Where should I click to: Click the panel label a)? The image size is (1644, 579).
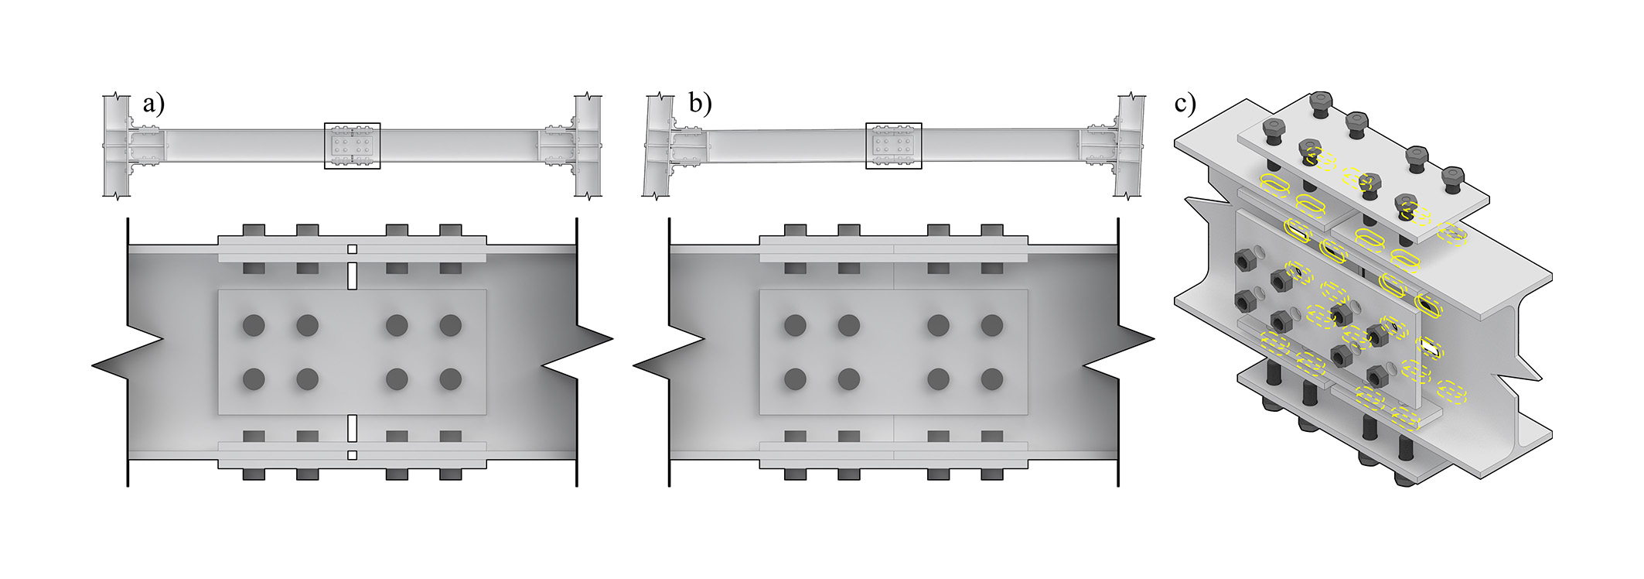tap(154, 104)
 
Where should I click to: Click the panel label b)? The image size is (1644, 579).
tap(699, 104)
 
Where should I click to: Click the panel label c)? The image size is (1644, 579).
tap(1185, 103)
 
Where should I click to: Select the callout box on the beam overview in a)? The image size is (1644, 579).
tap(353, 145)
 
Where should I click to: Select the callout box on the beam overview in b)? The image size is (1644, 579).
tap(893, 145)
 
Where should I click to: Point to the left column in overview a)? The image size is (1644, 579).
tap(116, 146)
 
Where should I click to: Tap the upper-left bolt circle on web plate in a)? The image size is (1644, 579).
tap(254, 325)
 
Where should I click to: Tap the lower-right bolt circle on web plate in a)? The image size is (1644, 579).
tap(451, 379)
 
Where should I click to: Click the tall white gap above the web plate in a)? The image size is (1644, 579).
tap(353, 276)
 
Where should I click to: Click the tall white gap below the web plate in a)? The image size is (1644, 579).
tap(353, 428)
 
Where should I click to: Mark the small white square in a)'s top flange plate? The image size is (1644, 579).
tap(353, 249)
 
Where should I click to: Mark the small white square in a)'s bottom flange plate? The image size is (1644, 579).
tap(353, 455)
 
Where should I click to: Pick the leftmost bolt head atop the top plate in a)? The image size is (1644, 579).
tap(254, 230)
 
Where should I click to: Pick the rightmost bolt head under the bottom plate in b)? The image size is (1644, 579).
tap(992, 475)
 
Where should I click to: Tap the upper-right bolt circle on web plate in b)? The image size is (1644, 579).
tap(992, 325)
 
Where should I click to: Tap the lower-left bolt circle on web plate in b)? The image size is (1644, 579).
tap(795, 379)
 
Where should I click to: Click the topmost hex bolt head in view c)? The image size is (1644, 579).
tap(1321, 101)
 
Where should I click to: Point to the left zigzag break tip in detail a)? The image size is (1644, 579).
tap(95, 364)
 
